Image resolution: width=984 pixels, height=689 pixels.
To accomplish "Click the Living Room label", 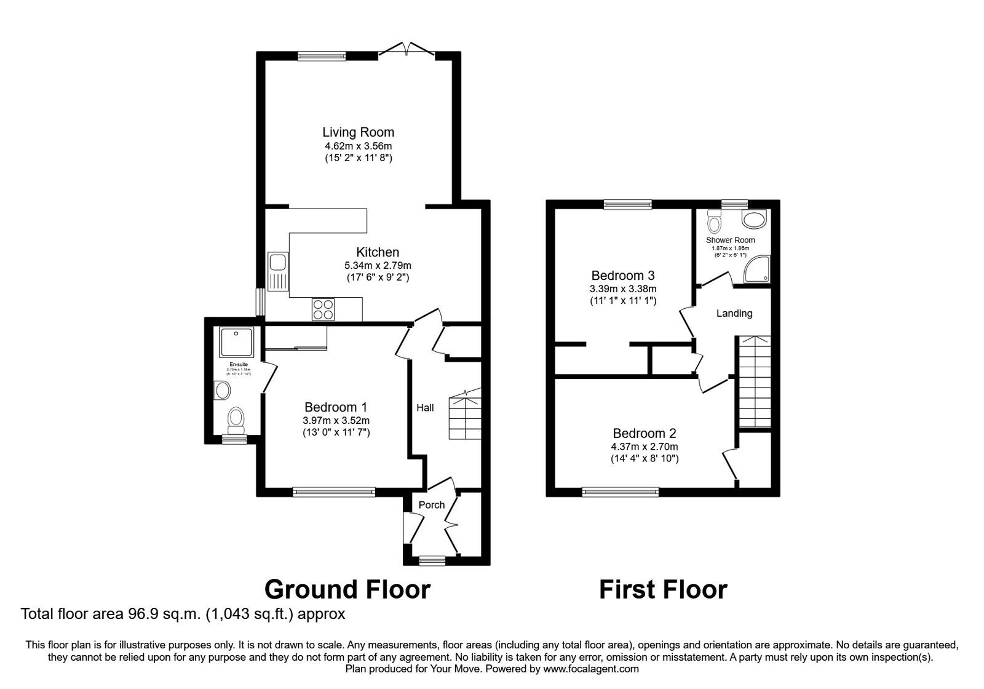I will click(x=358, y=132).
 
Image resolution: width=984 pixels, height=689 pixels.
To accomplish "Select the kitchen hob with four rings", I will click(x=323, y=309).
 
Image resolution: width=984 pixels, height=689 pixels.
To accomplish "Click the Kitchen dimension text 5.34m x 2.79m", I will click(x=378, y=266).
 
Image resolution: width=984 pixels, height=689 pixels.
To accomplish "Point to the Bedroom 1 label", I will click(x=336, y=407).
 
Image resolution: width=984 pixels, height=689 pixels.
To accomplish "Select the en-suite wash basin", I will click(x=222, y=390).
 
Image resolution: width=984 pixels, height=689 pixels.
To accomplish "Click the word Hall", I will click(x=425, y=408).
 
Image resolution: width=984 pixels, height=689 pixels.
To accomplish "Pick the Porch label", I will click(x=431, y=505).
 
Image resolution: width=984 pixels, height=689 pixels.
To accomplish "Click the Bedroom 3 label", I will click(x=623, y=275).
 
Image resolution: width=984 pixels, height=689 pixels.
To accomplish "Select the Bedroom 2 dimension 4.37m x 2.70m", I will click(x=645, y=447).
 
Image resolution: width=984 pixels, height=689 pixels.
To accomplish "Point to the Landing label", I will click(x=734, y=314).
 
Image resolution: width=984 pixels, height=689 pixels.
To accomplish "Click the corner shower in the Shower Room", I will click(x=757, y=269).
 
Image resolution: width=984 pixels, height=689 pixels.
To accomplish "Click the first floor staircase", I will click(x=753, y=381).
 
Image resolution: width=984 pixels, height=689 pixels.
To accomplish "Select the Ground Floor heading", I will click(x=347, y=589).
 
